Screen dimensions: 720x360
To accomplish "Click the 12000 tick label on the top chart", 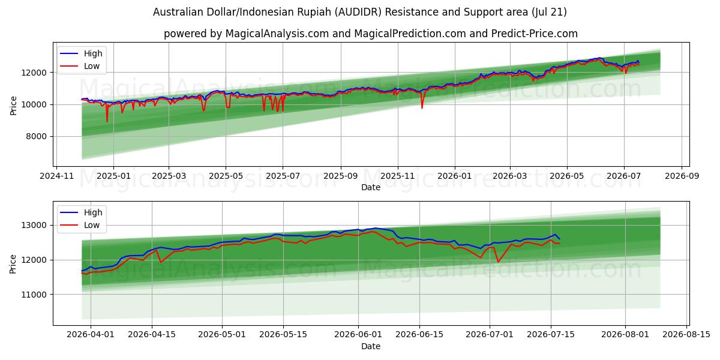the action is [34, 73].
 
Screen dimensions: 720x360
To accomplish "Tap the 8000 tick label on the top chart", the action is [36, 137].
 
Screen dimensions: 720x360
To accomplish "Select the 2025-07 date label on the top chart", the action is [283, 176].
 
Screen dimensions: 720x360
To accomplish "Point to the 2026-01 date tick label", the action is [455, 176].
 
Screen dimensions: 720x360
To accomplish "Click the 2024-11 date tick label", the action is [56, 176].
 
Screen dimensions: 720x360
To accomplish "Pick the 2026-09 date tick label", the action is [682, 176].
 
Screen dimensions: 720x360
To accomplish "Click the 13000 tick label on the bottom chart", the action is [34, 226].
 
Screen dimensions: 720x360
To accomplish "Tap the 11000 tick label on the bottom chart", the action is [34, 295].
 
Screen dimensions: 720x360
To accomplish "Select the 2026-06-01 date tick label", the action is [358, 335].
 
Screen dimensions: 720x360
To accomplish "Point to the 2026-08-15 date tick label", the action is [686, 335].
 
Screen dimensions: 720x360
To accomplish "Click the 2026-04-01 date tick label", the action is [91, 335].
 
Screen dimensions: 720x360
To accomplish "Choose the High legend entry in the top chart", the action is [81, 53].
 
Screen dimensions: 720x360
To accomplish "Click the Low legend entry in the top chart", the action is [80, 66].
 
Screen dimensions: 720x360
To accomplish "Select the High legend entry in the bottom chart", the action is [81, 212].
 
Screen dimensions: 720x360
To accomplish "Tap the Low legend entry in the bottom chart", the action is [80, 226].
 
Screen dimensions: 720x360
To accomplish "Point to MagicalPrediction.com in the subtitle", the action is [410, 34].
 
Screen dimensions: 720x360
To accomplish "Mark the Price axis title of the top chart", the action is [13, 106].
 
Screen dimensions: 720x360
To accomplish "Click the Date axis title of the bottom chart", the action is [371, 347].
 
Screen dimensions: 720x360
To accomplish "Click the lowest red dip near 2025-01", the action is [107, 121].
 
